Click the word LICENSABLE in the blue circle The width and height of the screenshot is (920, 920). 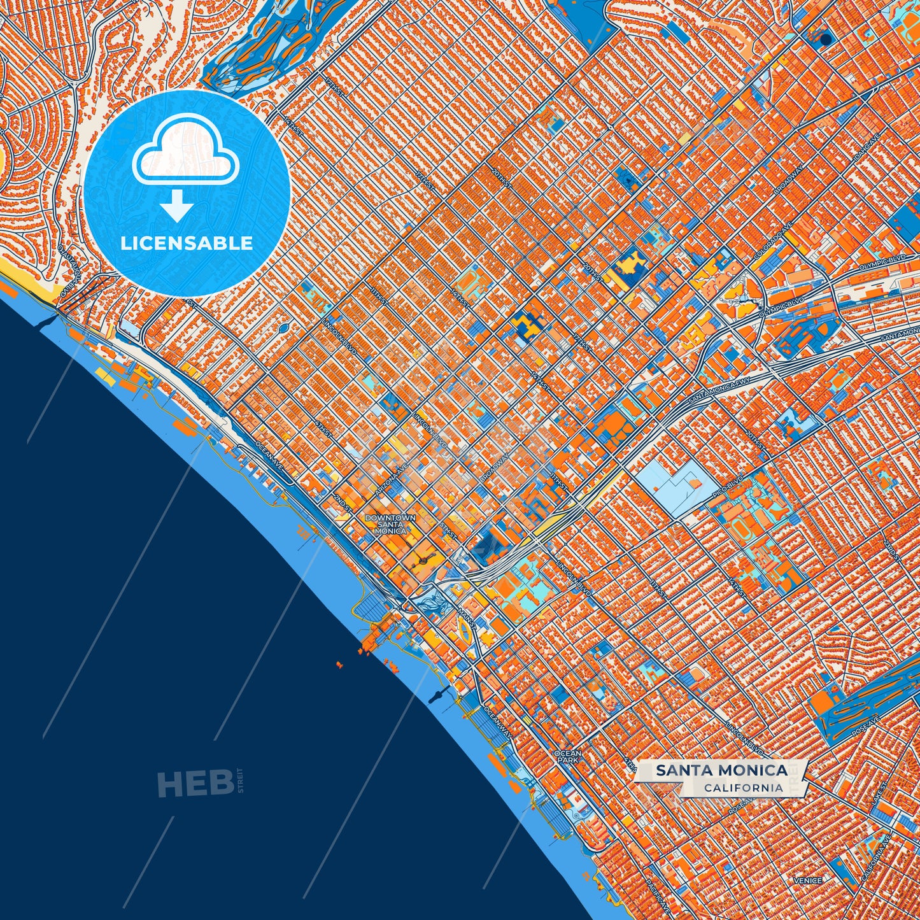coord(187,243)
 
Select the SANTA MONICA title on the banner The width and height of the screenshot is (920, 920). coord(721,770)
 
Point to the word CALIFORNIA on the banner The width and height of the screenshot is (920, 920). coord(743,788)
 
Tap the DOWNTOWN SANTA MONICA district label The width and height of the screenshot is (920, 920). coord(390,524)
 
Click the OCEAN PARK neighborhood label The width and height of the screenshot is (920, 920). coord(567,757)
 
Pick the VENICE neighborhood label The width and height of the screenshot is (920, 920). coord(807,881)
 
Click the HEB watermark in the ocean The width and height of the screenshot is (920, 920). coord(195,782)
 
